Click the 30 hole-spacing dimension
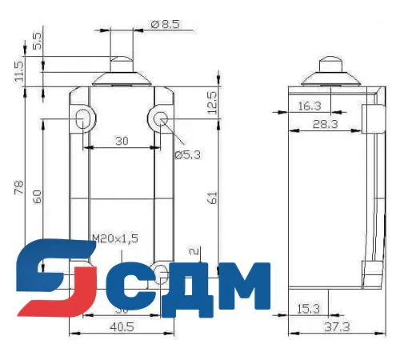pyautogui.click(x=121, y=141)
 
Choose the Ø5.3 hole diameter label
pyautogui.click(x=187, y=154)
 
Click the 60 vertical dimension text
pyautogui.click(x=37, y=196)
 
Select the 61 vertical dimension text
pyautogui.click(x=213, y=197)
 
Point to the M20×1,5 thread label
pyautogui.click(x=115, y=238)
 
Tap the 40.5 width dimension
pyautogui.click(x=122, y=326)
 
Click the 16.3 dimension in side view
pyautogui.click(x=310, y=105)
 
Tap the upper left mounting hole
pyautogui.click(x=84, y=120)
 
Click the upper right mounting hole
pyautogui.click(x=160, y=120)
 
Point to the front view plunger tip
pyautogui.click(x=121, y=60)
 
